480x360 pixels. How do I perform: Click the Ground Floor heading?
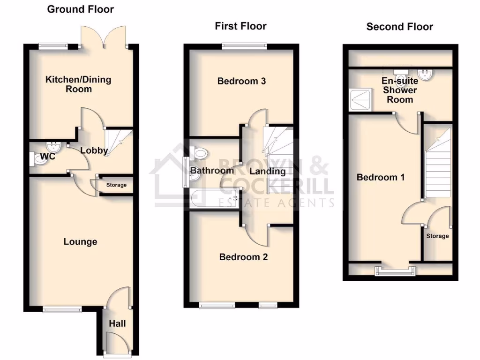tap(81, 9)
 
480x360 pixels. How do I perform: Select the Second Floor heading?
tap(399, 27)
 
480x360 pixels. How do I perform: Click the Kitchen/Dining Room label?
tap(78, 84)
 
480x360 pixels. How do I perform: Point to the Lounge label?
tap(80, 242)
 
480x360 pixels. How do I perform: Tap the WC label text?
tap(48, 157)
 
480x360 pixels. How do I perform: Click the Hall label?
tap(117, 323)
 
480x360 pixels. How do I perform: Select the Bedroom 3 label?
tap(241, 81)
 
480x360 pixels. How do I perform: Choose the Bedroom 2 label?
tap(243, 257)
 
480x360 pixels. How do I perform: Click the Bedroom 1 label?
tap(381, 177)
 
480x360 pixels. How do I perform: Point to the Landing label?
tap(267, 171)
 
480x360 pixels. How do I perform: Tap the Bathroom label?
tap(212, 171)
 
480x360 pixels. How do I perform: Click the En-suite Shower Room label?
tap(400, 90)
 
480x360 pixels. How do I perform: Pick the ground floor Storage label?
tap(116, 185)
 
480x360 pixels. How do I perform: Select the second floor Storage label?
tap(437, 236)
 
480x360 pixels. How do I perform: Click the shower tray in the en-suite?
tap(360, 99)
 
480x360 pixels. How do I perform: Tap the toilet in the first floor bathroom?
tap(200, 152)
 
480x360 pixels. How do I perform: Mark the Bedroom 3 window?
tap(244, 45)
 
